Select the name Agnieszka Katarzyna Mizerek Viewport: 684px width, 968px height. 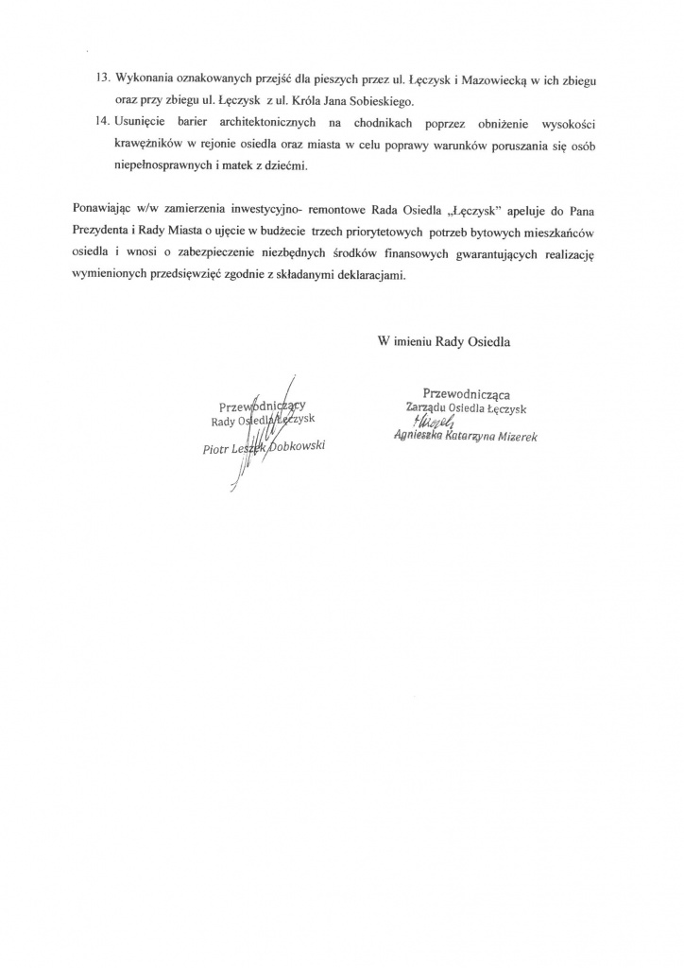point(467,437)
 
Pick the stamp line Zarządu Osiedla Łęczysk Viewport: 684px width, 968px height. point(465,407)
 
